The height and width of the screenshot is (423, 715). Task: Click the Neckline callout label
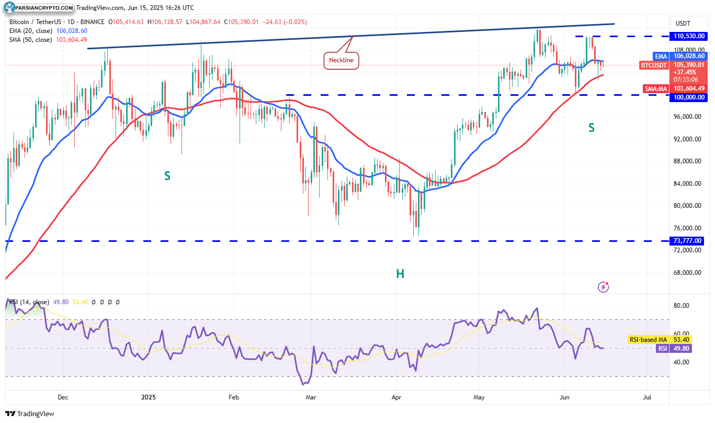[x=341, y=60]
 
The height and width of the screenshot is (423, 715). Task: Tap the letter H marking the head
[x=400, y=273]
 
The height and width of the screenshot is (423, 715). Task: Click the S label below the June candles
[x=592, y=128]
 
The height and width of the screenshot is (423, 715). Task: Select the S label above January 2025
[x=167, y=176]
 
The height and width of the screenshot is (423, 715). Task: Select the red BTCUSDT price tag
[x=654, y=65]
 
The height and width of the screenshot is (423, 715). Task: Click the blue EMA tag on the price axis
[x=661, y=56]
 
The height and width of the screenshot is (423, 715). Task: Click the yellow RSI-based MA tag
[x=648, y=340]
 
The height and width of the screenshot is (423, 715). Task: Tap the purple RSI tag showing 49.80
[x=662, y=348]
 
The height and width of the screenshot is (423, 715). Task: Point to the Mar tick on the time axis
[x=311, y=397]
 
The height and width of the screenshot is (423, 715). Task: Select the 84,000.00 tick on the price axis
[x=688, y=184]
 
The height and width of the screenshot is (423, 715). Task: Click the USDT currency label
[x=683, y=24]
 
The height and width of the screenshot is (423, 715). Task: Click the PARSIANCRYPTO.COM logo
[x=39, y=8]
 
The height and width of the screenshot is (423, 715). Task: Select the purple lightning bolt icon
[x=604, y=286]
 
